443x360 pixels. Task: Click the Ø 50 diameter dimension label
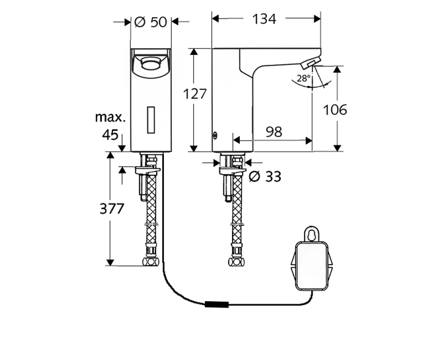click(151, 22)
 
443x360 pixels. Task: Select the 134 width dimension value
click(264, 19)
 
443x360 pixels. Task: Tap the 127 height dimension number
click(194, 94)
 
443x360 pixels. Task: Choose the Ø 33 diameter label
click(265, 177)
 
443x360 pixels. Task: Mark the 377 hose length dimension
click(111, 209)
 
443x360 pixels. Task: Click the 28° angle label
click(303, 79)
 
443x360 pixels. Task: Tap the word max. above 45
click(110, 117)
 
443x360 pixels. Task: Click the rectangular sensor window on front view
click(151, 119)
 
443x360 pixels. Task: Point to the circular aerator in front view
click(150, 64)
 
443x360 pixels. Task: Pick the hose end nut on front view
click(151, 261)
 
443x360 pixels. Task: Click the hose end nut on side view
click(236, 261)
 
